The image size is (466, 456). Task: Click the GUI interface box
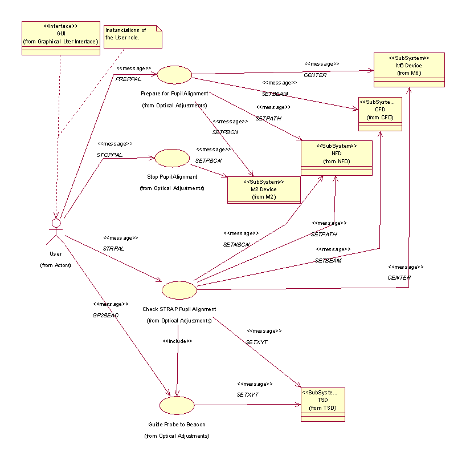pos(61,38)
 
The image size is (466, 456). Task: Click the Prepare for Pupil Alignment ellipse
pos(174,74)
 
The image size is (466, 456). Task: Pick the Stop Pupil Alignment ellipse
pos(171,158)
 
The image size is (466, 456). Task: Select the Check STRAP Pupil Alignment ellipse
pos(179,289)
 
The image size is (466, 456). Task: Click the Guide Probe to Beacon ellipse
pos(177,405)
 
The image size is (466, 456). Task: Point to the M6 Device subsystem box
pos(408,70)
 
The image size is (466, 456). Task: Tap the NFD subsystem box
pos(337,158)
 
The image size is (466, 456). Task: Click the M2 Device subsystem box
pos(264,189)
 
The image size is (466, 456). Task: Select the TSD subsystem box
pos(322,405)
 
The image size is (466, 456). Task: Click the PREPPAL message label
pos(128,79)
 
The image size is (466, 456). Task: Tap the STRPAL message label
pos(113,248)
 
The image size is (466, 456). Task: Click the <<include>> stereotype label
pos(177,341)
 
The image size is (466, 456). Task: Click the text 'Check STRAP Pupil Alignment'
pos(179,309)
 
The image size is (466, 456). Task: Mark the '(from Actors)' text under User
pos(55,265)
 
